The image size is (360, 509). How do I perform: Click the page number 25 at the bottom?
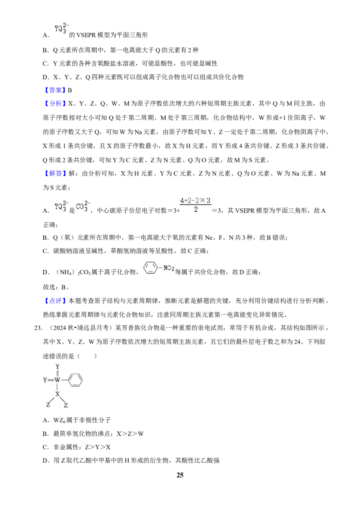[x=180, y=475]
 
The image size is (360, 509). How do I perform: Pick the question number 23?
[x=38, y=328]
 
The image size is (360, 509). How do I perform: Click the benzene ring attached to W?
[x=75, y=380]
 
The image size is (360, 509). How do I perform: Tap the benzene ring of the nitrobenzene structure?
[x=151, y=268]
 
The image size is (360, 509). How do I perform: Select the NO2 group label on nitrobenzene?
[x=169, y=268]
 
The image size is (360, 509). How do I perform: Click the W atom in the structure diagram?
[x=57, y=380]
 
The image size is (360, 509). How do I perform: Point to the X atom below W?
[x=57, y=394]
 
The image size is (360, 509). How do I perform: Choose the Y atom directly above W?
[x=58, y=367]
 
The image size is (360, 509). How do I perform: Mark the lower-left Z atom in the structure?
[x=48, y=405]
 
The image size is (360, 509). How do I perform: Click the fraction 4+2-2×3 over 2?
[x=195, y=205]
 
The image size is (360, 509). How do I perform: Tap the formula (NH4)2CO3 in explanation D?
[x=73, y=272]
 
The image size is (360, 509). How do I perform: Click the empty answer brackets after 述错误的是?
[x=87, y=356]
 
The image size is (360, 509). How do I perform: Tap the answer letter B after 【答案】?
[x=70, y=90]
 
